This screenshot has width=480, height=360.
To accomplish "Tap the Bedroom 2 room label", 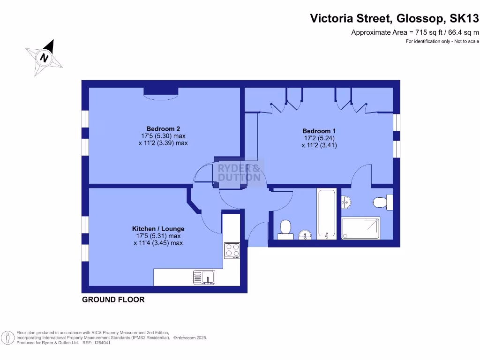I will tap(163, 129).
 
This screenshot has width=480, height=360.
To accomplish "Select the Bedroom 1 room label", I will tap(319, 131).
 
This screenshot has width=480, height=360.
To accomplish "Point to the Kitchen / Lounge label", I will tap(158, 229).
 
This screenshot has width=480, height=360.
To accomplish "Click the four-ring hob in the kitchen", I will tap(232, 250).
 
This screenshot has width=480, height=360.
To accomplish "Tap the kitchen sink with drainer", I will tap(203, 277).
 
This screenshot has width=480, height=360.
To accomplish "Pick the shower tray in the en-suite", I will tap(360, 228).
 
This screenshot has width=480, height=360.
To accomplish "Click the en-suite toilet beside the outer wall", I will tap(381, 202).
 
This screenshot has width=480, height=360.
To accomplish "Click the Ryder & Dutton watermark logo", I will tap(240, 173).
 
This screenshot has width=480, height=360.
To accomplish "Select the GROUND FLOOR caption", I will tap(113, 300).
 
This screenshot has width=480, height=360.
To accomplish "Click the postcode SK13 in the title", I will tap(464, 19).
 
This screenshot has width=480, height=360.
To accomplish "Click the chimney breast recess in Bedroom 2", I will tap(160, 92).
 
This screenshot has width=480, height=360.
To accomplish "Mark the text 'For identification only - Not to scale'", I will tap(442, 42).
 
